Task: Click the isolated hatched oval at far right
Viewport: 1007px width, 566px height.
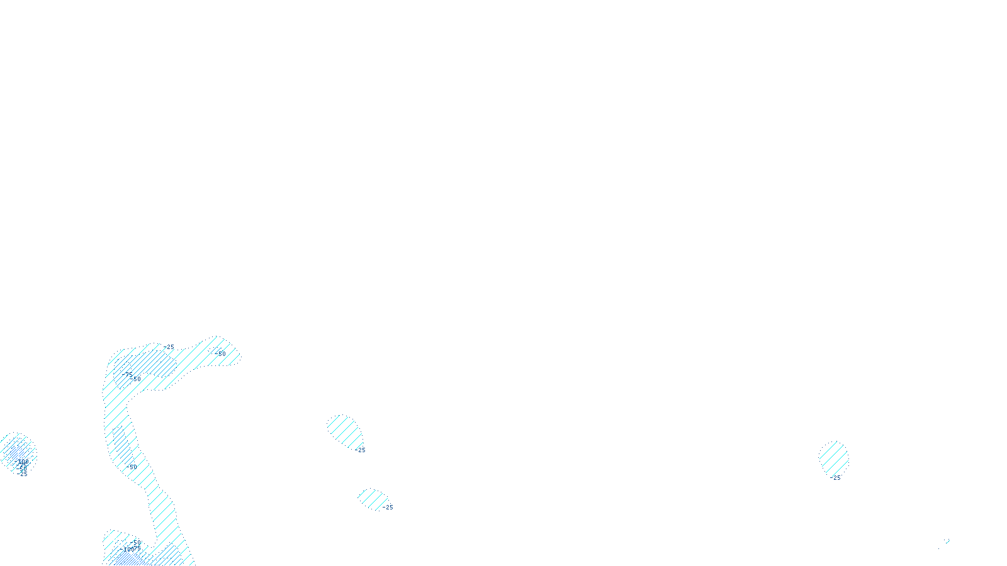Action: [x=834, y=457]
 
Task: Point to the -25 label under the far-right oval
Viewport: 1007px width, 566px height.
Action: [x=836, y=478]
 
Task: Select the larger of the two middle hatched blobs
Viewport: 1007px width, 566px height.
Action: [x=344, y=431]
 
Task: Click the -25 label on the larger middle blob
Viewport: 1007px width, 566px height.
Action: [x=361, y=450]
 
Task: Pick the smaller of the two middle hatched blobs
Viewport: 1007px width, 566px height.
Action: [x=372, y=499]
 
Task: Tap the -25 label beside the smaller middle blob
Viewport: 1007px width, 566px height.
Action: [x=388, y=508]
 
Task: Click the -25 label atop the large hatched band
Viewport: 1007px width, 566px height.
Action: [x=169, y=347]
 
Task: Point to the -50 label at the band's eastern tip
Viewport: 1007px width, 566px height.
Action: [x=220, y=354]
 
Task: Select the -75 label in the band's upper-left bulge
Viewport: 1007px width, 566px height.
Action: [x=129, y=374]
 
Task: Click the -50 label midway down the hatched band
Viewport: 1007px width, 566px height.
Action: [x=132, y=467]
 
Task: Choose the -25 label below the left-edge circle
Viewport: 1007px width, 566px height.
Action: [x=24, y=474]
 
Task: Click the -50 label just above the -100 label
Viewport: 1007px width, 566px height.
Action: [x=137, y=542]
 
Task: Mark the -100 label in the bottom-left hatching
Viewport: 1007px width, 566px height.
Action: [x=129, y=550]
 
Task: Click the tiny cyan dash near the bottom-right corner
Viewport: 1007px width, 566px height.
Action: [x=947, y=540]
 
